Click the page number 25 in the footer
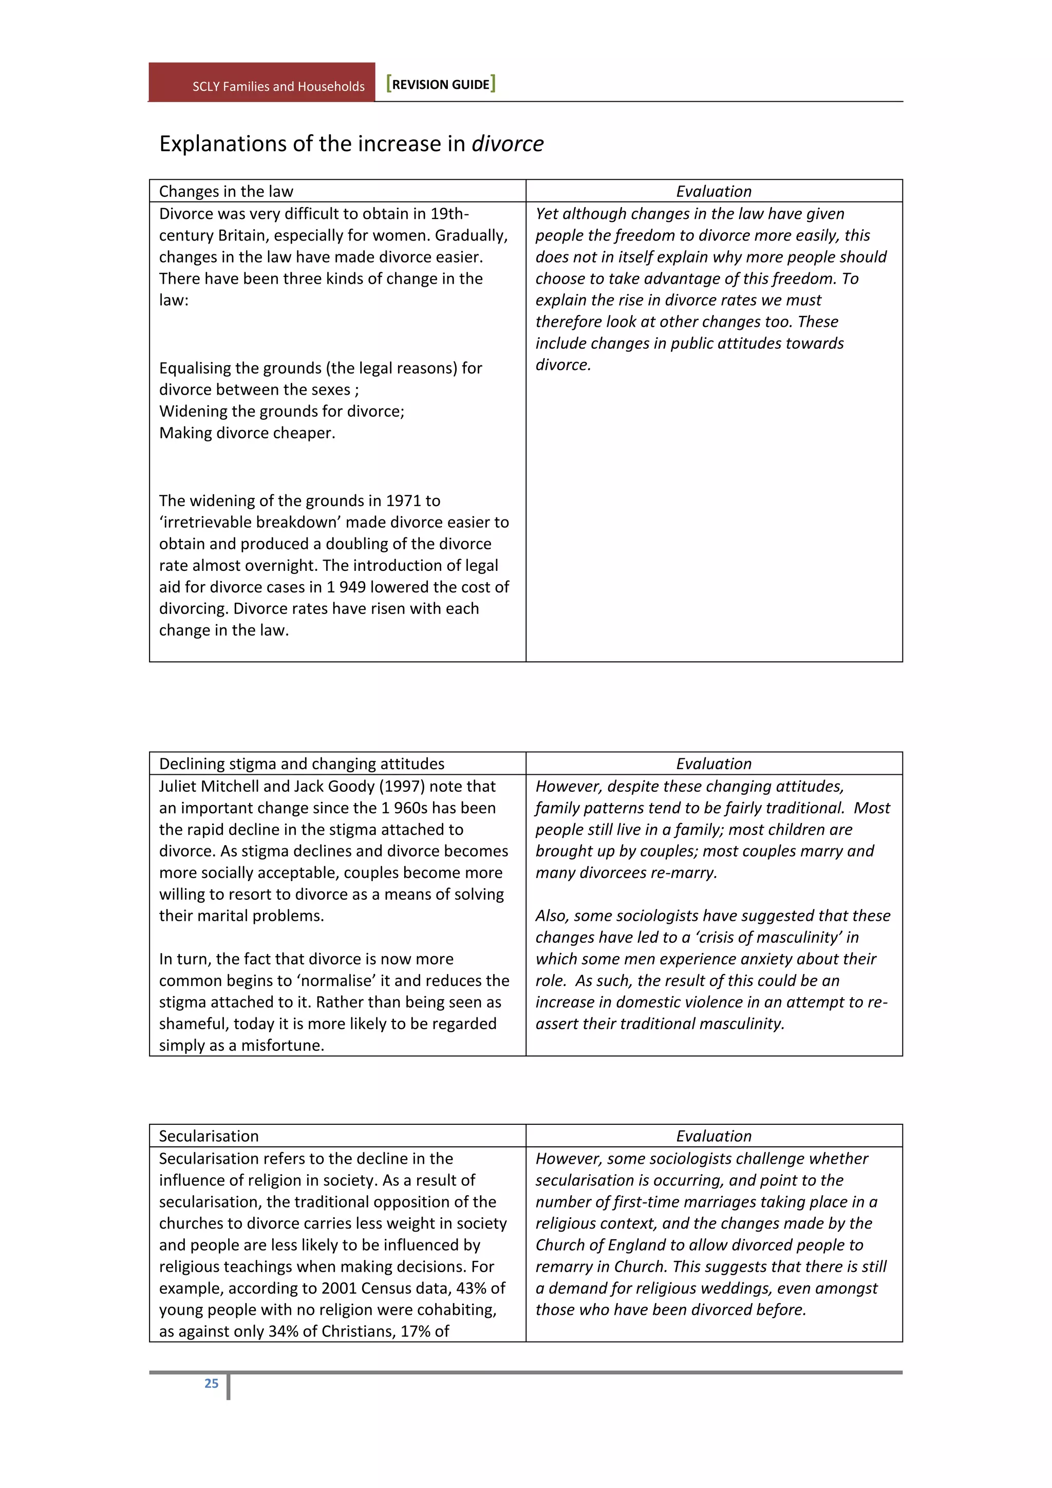pyautogui.click(x=211, y=1383)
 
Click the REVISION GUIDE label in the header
pyautogui.click(x=441, y=84)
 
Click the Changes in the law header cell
pyautogui.click(x=226, y=191)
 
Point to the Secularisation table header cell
pyautogui.click(x=209, y=1136)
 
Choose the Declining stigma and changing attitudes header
pyautogui.click(x=302, y=764)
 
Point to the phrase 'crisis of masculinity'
pyautogui.click(x=762, y=937)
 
